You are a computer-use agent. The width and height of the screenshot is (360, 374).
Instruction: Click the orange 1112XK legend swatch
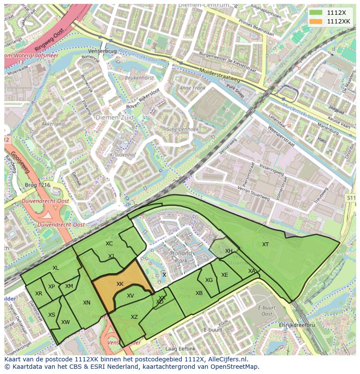pyautogui.click(x=317, y=21)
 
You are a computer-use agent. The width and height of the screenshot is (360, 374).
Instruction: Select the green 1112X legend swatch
pyautogui.click(x=317, y=13)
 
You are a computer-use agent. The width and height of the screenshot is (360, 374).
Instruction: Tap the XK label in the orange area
pyautogui.click(x=120, y=284)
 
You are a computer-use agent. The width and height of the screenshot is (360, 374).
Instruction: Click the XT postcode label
pyautogui.click(x=265, y=245)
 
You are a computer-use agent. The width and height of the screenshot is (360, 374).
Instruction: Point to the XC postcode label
pyautogui.click(x=109, y=244)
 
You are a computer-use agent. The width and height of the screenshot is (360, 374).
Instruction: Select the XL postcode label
pyautogui.click(x=56, y=268)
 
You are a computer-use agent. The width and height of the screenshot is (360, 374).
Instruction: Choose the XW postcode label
pyautogui.click(x=66, y=322)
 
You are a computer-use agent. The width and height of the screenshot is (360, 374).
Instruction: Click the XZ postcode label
pyautogui.click(x=134, y=317)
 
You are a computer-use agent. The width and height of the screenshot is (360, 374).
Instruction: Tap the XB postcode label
pyautogui.click(x=199, y=293)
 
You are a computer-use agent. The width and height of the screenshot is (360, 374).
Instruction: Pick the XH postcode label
pyautogui.click(x=229, y=251)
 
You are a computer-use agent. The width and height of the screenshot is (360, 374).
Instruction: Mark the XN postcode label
pyautogui.click(x=87, y=303)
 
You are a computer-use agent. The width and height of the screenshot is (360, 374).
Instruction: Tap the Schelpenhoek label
pyautogui.click(x=183, y=129)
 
